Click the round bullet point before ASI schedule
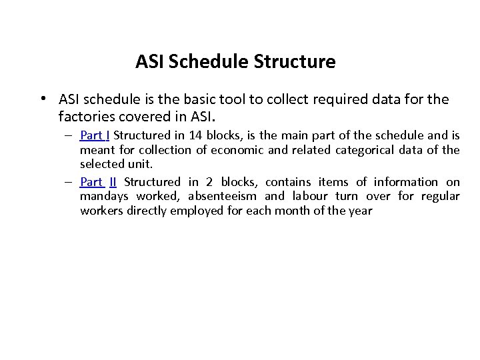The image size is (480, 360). click(x=42, y=99)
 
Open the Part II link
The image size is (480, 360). click(x=98, y=182)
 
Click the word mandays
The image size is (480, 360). click(x=105, y=196)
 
